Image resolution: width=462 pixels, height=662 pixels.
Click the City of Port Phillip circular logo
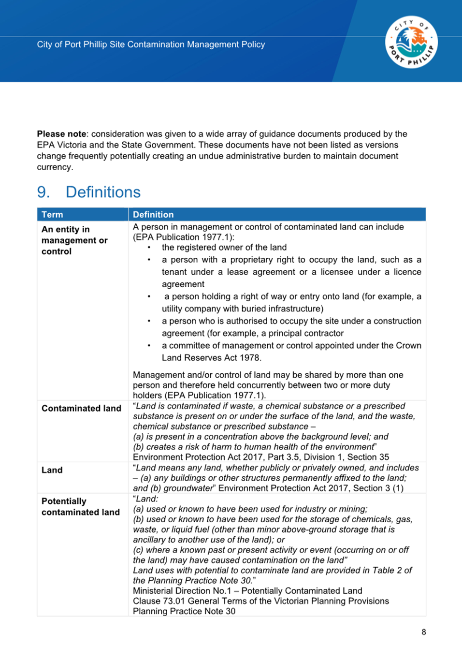coord(411,43)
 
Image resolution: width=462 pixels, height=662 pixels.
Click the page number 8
coord(424,632)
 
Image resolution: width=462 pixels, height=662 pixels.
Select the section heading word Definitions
coord(103,192)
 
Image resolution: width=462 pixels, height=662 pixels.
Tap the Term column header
coord(52,214)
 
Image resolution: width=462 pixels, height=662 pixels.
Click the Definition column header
coord(153,214)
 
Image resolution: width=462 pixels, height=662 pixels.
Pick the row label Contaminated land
coord(81,408)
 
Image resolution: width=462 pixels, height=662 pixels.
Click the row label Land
coord(52,470)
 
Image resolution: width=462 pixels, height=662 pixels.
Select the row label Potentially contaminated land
coord(80,506)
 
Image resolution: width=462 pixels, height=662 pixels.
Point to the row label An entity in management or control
coord(74,240)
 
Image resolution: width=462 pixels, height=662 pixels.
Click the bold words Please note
coord(61,134)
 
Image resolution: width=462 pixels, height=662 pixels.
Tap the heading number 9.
coord(43,192)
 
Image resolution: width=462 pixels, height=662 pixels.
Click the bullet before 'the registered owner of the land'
coord(149,248)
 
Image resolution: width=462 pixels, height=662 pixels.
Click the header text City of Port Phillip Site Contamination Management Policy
coord(151,44)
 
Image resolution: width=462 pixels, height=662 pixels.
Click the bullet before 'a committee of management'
coord(149,346)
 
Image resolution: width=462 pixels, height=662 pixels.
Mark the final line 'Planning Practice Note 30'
coord(184,611)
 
